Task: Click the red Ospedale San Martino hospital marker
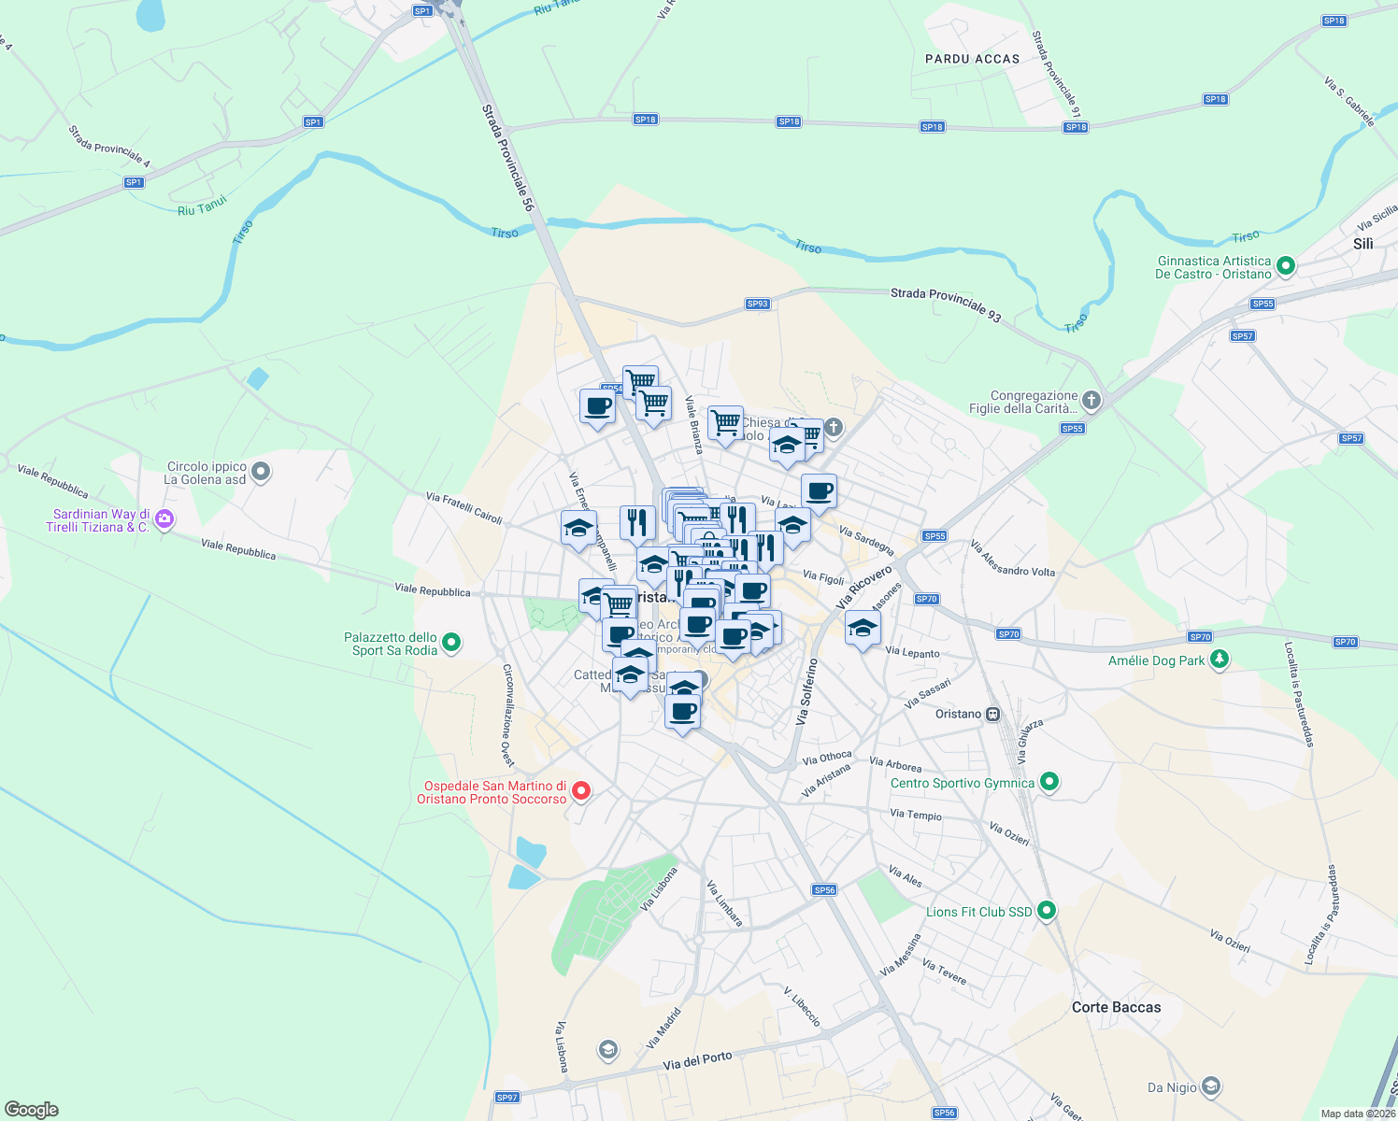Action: [x=580, y=791]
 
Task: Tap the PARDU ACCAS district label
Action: [x=972, y=59]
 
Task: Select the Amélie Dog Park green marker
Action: [x=1219, y=660]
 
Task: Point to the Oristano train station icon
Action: [x=992, y=715]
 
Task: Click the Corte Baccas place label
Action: [x=1116, y=1007]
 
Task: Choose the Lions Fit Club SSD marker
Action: [x=1047, y=910]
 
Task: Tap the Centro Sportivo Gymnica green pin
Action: [x=1048, y=782]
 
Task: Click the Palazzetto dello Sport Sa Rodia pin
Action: [x=451, y=642]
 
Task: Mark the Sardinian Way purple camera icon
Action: [x=164, y=518]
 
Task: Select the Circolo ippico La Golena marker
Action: [x=261, y=472]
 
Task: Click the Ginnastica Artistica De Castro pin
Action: [x=1286, y=266]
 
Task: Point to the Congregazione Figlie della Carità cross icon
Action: [x=1091, y=401]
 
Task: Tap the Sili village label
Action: [x=1362, y=244]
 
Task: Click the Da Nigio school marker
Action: [x=1210, y=1086]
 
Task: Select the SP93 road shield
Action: [x=757, y=304]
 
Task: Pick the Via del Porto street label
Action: [x=697, y=1060]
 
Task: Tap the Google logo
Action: [x=32, y=1110]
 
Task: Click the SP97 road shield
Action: [x=506, y=1098]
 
